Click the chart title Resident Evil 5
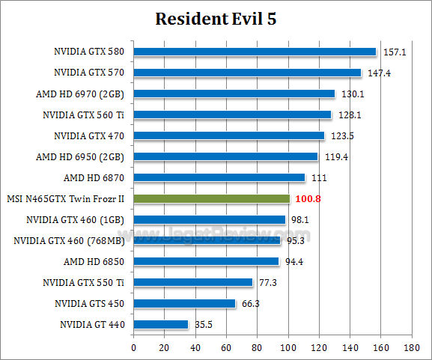pos(216,19)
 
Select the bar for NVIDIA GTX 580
pos(255,52)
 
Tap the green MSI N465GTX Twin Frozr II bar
pos(211,198)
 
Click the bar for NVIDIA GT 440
pos(161,324)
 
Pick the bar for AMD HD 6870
pos(219,177)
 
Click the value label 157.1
pos(394,52)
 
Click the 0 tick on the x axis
pos(134,347)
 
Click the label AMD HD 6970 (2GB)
pos(80,94)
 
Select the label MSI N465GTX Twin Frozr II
pos(65,199)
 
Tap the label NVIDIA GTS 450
pos(89,304)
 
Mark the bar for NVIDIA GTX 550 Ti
pos(193,282)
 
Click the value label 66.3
pos(252,304)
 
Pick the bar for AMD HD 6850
pos(207,261)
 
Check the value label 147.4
pos(379,73)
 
